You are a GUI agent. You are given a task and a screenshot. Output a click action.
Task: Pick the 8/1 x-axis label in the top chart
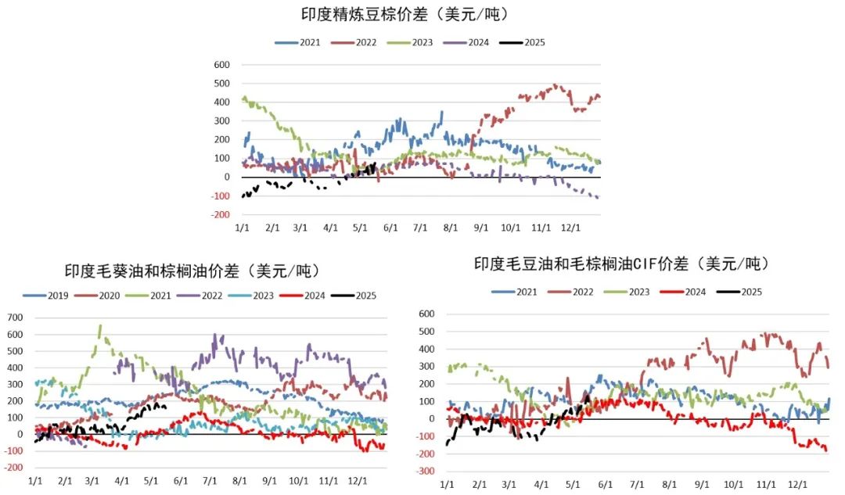[x=450, y=228]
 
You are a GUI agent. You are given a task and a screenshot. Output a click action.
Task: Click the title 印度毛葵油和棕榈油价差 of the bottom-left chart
[x=192, y=271]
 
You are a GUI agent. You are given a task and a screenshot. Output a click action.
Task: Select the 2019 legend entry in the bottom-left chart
[x=49, y=296]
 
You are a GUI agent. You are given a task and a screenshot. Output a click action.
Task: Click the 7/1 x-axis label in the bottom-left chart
[x=210, y=481]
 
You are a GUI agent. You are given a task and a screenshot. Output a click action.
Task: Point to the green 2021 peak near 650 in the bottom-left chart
[x=99, y=326]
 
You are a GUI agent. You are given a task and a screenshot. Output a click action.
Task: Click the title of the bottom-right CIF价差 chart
[x=621, y=264]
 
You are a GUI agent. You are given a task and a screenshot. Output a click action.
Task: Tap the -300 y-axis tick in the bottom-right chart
[x=425, y=472]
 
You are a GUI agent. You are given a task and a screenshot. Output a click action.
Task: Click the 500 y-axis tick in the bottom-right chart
[x=426, y=332]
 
